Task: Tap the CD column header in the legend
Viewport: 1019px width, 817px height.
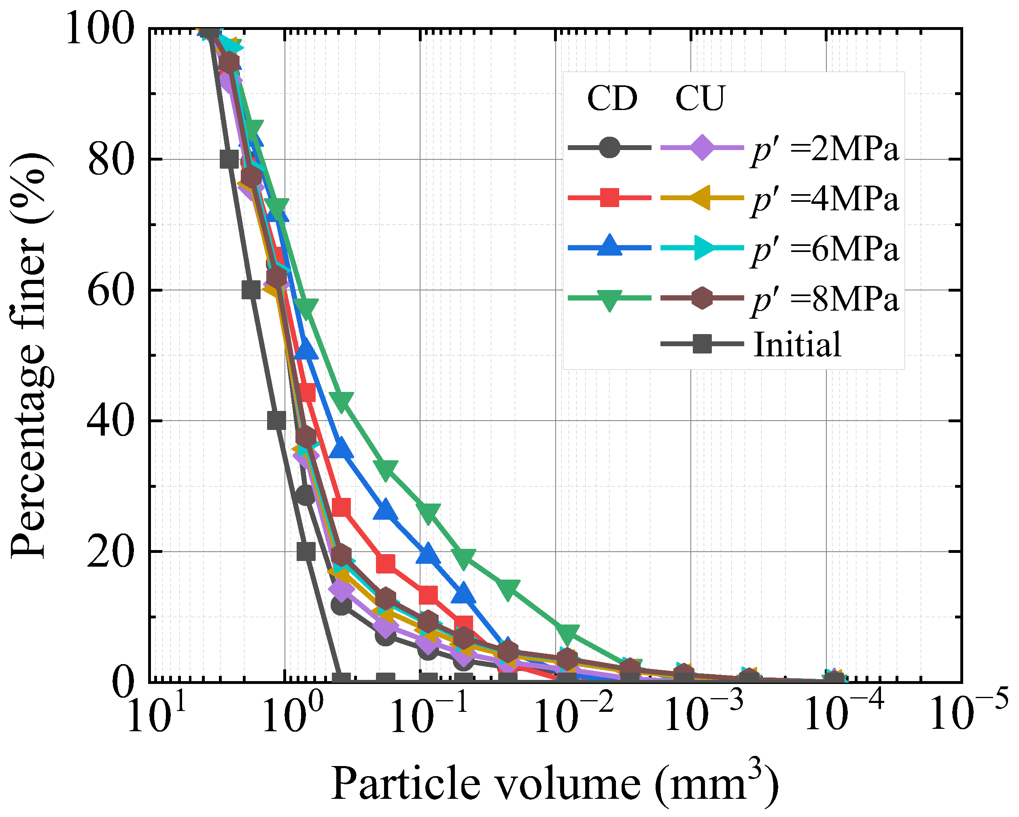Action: (612, 99)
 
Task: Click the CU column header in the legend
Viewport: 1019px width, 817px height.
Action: (699, 99)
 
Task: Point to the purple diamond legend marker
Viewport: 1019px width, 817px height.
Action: (702, 148)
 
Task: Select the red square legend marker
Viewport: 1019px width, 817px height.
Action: (610, 197)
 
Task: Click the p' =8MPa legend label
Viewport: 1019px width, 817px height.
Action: (825, 299)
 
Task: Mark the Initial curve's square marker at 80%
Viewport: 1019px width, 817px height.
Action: (229, 160)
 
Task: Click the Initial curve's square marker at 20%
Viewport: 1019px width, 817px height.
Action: (306, 551)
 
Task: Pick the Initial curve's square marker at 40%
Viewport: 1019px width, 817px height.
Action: (276, 420)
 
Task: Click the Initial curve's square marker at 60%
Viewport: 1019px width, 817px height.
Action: (251, 290)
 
